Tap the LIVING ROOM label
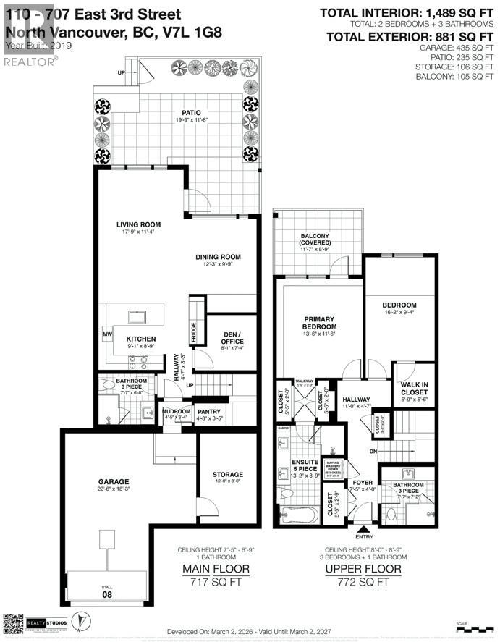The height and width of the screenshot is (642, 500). coord(138,224)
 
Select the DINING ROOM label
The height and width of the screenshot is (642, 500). coord(217,257)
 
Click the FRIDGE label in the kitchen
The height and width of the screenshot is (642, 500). coord(193,331)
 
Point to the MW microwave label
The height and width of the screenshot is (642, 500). coord(108,334)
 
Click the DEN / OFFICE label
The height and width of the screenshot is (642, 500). coord(231,337)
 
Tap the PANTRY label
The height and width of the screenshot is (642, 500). coord(208,410)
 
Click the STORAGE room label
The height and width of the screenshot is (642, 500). coord(228,475)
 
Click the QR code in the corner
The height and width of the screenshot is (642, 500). coord(14,622)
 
